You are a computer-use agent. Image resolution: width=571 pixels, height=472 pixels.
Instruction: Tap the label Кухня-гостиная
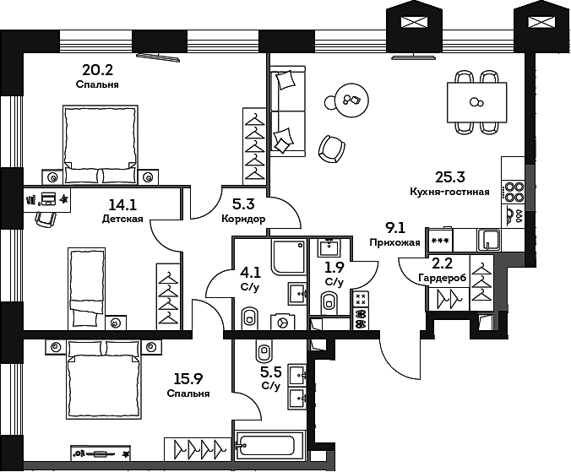click(449, 192)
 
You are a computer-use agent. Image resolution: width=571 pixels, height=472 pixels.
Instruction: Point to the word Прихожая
click(394, 242)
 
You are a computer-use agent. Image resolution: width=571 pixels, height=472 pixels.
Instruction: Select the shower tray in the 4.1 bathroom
click(289, 258)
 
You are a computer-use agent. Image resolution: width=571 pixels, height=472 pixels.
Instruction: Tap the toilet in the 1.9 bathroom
click(330, 302)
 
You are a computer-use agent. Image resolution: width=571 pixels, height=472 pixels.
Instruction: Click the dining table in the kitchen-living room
click(476, 102)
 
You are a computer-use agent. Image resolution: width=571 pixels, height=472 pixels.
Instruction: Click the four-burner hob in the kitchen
click(512, 193)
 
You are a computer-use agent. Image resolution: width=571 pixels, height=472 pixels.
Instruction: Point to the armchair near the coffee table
click(331, 149)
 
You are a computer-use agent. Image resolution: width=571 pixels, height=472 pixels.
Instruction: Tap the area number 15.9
click(188, 379)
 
